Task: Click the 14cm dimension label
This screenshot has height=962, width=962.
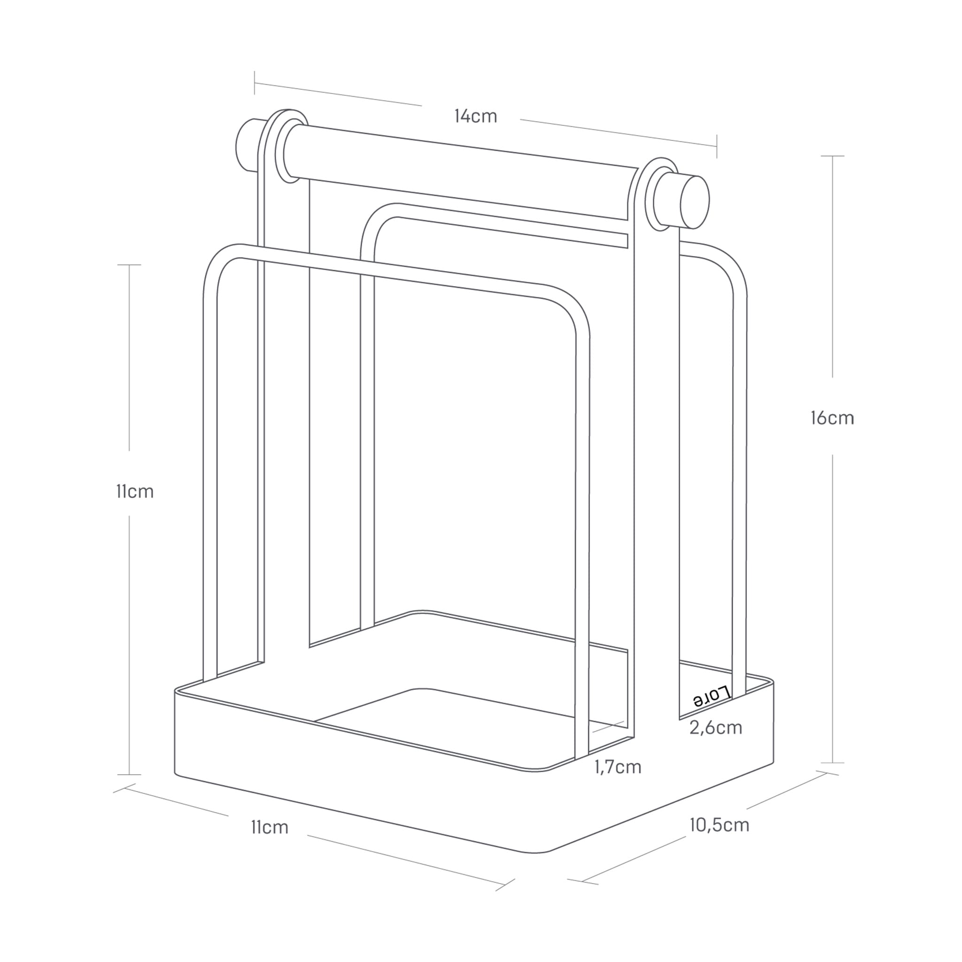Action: [x=475, y=116]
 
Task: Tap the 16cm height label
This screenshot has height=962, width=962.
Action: [x=832, y=418]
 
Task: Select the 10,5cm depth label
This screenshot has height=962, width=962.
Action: [x=719, y=824]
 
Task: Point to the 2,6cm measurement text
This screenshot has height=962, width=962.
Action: [x=715, y=728]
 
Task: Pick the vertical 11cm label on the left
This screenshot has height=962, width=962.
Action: [x=135, y=491]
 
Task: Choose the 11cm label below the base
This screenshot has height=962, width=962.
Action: [x=269, y=827]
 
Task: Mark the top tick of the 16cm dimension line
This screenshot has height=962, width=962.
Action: [x=832, y=156]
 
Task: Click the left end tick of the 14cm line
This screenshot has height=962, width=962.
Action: [x=255, y=83]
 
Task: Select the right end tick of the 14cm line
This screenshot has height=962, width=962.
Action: [x=716, y=146]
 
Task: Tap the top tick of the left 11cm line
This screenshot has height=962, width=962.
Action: [x=130, y=265]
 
